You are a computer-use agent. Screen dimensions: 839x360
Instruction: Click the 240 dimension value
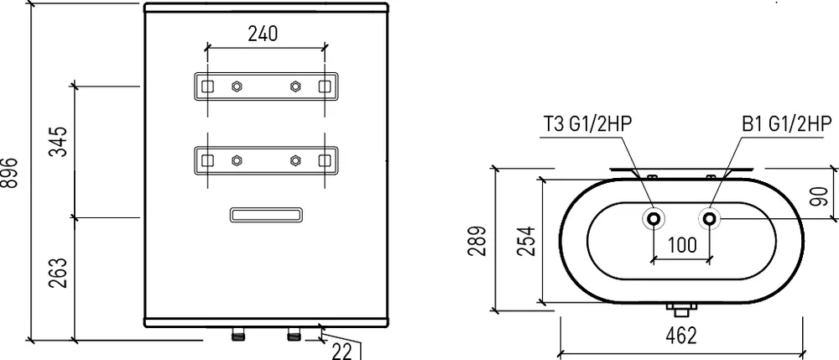pyautogui.click(x=263, y=34)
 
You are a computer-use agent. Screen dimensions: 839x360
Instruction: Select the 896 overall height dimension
pyautogui.click(x=9, y=173)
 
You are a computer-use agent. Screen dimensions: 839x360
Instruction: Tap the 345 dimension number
pyautogui.click(x=59, y=141)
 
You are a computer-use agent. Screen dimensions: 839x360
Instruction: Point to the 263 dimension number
pyautogui.click(x=59, y=273)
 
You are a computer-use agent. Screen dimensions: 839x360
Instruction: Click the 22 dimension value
pyautogui.click(x=342, y=352)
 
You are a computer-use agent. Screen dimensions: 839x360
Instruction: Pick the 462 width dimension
pyautogui.click(x=681, y=336)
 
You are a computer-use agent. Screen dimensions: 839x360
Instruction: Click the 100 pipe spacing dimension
pyautogui.click(x=682, y=245)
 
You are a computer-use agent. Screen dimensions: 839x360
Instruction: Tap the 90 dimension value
pyautogui.click(x=819, y=196)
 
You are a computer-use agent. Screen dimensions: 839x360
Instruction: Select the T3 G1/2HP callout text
pyautogui.click(x=587, y=124)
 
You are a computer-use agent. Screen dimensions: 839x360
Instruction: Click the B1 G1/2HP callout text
pyautogui.click(x=787, y=124)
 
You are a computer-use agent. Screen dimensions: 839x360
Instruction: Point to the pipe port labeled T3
pyautogui.click(x=654, y=218)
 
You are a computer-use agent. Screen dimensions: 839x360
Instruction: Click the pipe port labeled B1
pyautogui.click(x=710, y=218)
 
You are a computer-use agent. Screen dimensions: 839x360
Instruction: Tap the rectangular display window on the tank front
pyautogui.click(x=267, y=215)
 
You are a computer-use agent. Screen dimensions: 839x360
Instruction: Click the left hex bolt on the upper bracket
pyautogui.click(x=236, y=86)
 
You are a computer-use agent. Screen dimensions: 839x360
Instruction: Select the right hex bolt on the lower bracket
pyautogui.click(x=294, y=160)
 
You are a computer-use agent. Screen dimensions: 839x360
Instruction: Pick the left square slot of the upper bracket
pyautogui.click(x=207, y=86)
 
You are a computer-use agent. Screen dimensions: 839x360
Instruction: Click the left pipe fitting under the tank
pyautogui.click(x=237, y=335)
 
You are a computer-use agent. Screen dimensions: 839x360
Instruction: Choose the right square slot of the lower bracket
pyautogui.click(x=324, y=160)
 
